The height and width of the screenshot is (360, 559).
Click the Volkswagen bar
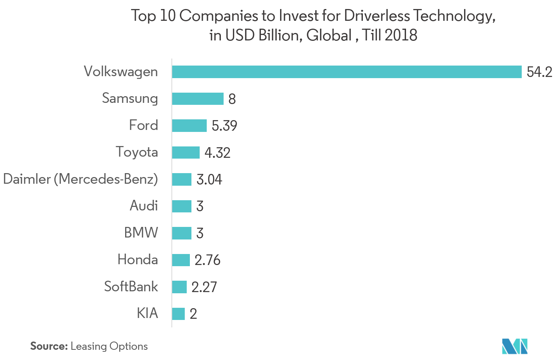[x=347, y=72]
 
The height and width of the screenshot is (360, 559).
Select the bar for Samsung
[x=198, y=99]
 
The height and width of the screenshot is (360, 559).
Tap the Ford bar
[x=189, y=126]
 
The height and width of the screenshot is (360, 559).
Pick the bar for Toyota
[x=186, y=152]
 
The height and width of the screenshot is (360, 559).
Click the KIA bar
[x=178, y=314]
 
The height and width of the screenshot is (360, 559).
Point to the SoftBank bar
[x=179, y=287]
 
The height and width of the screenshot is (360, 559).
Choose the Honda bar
[x=181, y=260]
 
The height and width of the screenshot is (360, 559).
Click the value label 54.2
[x=539, y=72]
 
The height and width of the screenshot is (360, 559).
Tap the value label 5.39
[x=224, y=126]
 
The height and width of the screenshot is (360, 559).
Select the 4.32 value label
[x=217, y=153]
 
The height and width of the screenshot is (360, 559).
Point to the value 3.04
[x=209, y=179]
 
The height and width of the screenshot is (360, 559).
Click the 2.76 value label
[x=208, y=260]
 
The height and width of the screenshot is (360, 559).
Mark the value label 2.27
[x=204, y=287]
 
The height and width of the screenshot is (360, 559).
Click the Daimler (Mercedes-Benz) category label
[x=80, y=179]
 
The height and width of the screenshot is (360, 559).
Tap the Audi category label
[x=144, y=206]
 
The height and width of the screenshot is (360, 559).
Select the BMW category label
[x=141, y=233]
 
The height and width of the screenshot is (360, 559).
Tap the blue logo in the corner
[x=515, y=345]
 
